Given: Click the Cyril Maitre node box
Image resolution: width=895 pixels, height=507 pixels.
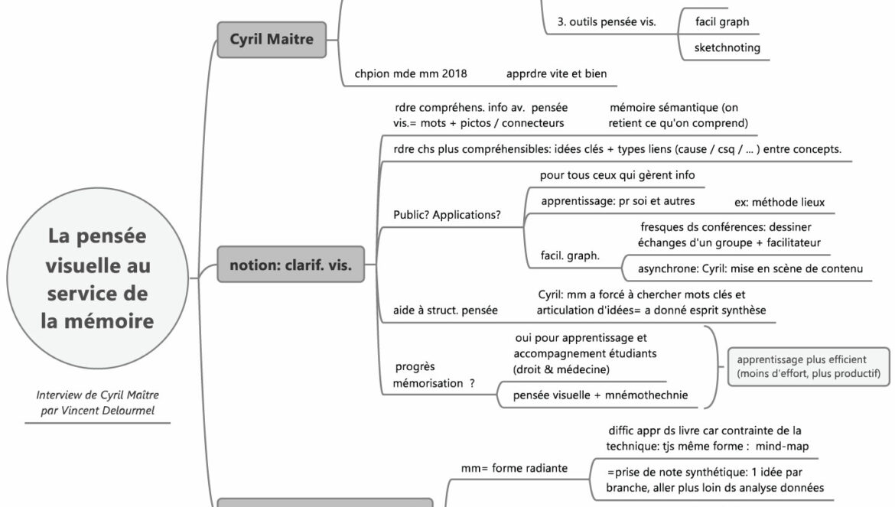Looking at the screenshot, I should pyautogui.click(x=272, y=40).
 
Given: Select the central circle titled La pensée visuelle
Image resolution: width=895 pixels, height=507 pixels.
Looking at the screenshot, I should pyautogui.click(x=97, y=278).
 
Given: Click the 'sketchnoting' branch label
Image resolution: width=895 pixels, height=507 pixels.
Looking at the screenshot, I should pyautogui.click(x=727, y=47).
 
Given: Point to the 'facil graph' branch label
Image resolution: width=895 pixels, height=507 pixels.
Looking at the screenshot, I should pyautogui.click(x=721, y=21).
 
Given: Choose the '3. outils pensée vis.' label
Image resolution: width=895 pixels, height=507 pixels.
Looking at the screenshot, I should pyautogui.click(x=612, y=21).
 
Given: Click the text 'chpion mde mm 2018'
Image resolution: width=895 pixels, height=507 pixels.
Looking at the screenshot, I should pyautogui.click(x=410, y=74).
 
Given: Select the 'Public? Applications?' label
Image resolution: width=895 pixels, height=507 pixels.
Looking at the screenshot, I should pyautogui.click(x=447, y=215).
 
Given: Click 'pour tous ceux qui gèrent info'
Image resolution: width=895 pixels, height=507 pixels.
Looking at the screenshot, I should pyautogui.click(x=617, y=175).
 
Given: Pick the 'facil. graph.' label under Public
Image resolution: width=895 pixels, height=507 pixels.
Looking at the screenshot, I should pyautogui.click(x=570, y=256).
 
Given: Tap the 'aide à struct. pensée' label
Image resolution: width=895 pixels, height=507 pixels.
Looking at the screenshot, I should pyautogui.click(x=445, y=310).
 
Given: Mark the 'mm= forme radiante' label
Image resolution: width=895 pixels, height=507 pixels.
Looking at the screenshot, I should pyautogui.click(x=514, y=468).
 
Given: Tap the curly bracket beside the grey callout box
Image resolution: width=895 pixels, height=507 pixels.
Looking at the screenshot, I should pyautogui.click(x=711, y=367).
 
